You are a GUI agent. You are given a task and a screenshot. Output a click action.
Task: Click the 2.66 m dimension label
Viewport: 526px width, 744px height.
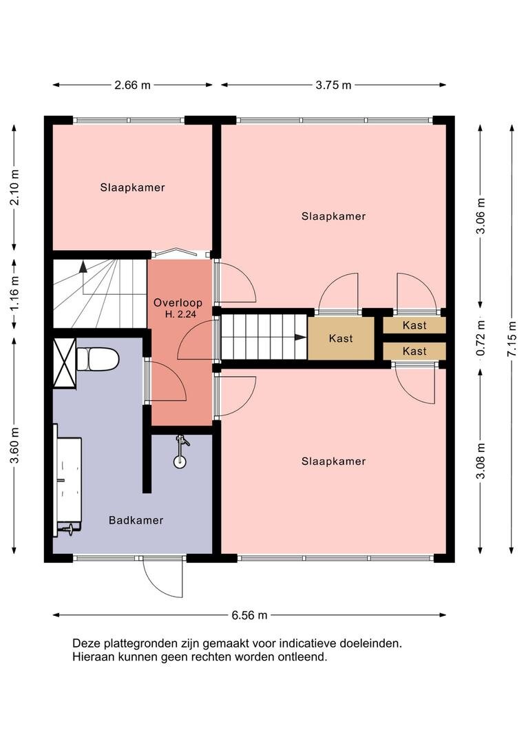point(132,85)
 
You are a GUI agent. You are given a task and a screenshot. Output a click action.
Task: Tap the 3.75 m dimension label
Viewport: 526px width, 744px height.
point(333,85)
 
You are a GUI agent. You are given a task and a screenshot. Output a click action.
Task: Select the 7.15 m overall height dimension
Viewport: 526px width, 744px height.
point(512,339)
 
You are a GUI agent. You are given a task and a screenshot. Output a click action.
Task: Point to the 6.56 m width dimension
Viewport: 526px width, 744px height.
point(249,615)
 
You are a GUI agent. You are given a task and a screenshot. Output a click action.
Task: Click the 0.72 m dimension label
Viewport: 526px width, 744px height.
point(481,338)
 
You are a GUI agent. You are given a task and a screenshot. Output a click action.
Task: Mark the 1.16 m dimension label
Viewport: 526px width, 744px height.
point(14,293)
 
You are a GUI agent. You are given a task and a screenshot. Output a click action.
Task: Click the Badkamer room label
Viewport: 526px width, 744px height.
point(136,520)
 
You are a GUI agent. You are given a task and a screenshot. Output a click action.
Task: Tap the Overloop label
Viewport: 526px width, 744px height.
point(178,302)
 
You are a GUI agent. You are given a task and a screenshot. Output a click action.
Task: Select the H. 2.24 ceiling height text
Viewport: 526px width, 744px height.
point(180,313)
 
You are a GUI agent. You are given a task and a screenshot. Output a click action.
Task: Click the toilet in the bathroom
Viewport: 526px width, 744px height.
point(97,359)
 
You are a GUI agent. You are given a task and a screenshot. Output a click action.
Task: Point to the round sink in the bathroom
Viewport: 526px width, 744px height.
point(180,460)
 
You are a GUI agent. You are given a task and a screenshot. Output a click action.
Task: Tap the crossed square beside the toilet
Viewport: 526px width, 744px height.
point(65,363)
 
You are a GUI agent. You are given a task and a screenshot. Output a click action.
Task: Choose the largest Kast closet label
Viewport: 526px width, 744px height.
point(341,338)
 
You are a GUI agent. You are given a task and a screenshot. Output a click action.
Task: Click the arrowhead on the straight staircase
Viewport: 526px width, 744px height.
point(299,338)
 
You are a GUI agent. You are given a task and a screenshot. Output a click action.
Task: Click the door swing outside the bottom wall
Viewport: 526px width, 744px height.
point(162,578)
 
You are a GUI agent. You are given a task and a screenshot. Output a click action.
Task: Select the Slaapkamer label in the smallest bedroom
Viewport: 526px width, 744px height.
point(132,187)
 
